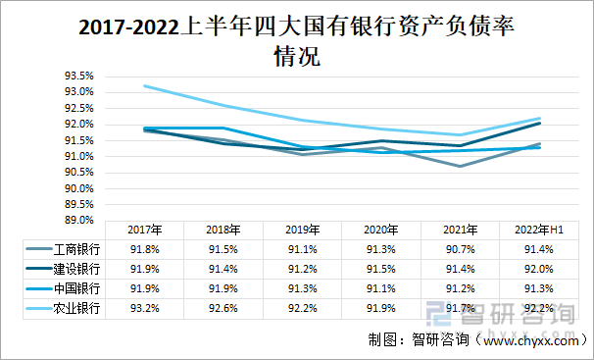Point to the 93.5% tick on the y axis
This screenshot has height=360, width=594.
(x=78, y=76)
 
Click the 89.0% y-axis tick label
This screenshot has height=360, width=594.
(x=78, y=221)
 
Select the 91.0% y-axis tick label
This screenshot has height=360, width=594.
(x=78, y=156)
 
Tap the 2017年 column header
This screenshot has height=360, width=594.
(x=144, y=230)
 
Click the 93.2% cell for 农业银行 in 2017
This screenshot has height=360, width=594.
(x=144, y=308)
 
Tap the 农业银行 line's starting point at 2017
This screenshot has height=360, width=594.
(x=144, y=85)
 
